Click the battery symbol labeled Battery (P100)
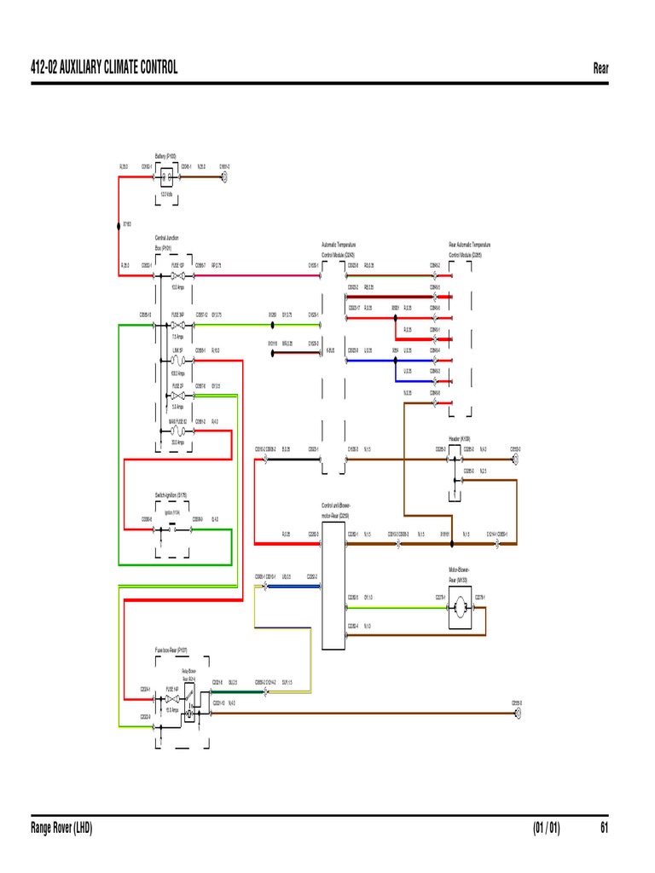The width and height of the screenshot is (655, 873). (168, 179)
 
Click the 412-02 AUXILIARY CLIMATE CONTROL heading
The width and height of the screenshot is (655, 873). (104, 68)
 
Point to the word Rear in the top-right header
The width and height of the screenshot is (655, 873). (600, 68)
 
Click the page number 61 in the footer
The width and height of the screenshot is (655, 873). (604, 828)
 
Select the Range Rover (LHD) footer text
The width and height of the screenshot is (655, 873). (61, 828)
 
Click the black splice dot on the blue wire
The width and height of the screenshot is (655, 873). (396, 350)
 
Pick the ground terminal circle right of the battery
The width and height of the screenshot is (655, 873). (224, 179)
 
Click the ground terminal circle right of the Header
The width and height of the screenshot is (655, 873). (516, 458)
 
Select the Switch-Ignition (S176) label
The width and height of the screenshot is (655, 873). (171, 494)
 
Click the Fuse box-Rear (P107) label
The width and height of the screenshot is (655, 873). (171, 650)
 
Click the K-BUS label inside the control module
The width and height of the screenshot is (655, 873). (329, 350)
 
